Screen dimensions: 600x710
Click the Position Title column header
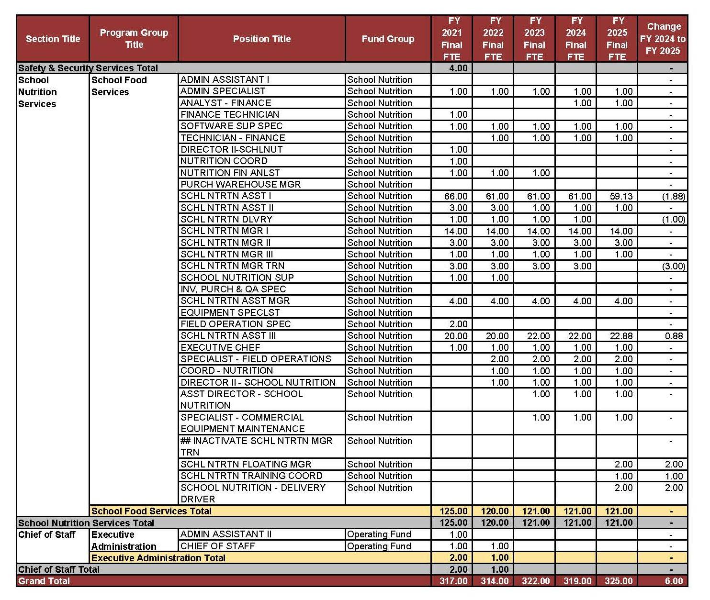click(261, 39)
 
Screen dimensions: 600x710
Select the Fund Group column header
click(388, 39)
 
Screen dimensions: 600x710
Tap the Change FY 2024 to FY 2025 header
click(663, 39)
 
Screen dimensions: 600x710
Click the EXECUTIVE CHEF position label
click(220, 347)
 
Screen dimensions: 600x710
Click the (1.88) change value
click(673, 196)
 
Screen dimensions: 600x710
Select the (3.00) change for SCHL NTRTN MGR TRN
click(673, 266)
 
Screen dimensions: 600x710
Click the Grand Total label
click(44, 581)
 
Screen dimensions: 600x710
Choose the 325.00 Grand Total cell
click(618, 581)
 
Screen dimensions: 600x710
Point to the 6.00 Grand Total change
click(674, 581)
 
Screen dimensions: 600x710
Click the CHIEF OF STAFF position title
click(217, 546)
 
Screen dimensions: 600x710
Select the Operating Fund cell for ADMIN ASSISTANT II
click(379, 534)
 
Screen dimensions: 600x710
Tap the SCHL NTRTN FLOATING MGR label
click(246, 464)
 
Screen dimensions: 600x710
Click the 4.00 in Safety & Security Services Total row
click(458, 68)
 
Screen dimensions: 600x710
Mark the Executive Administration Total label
click(158, 558)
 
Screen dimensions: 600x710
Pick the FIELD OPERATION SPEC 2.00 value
click(458, 324)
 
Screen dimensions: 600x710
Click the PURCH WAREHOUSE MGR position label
click(240, 184)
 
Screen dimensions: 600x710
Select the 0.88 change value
click(674, 336)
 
